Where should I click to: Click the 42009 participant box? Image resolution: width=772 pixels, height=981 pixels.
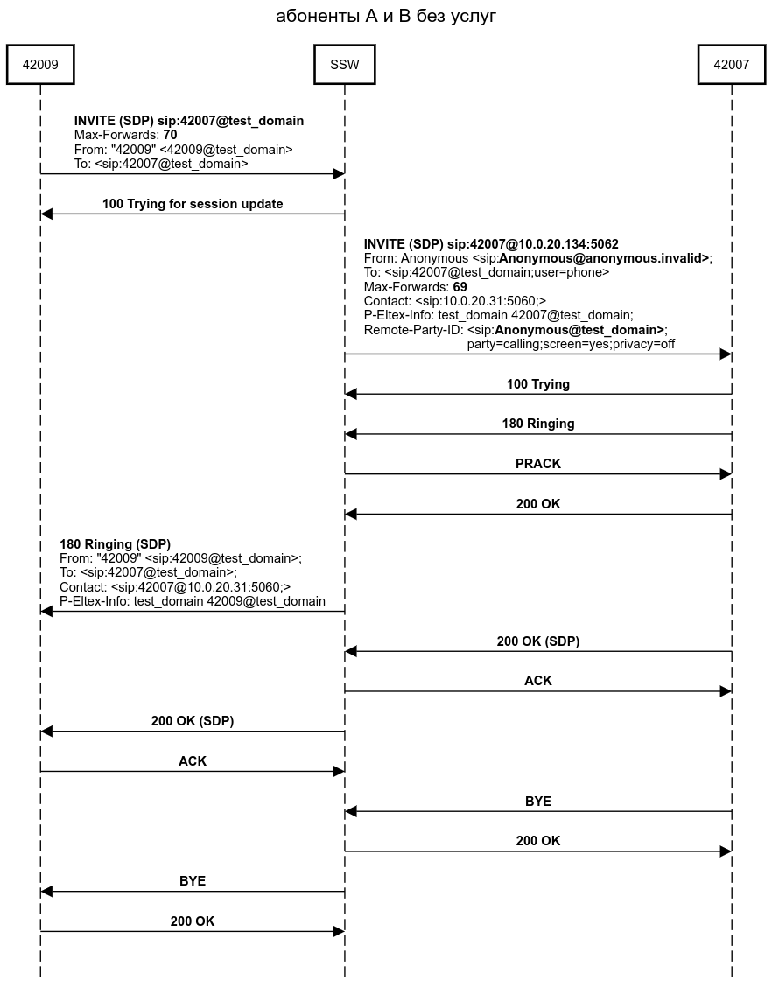[39, 65]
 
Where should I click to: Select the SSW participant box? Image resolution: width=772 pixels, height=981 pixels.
[345, 65]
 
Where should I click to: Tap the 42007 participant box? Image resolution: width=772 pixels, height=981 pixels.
[732, 65]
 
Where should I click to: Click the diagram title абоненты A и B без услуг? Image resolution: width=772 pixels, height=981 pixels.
[386, 16]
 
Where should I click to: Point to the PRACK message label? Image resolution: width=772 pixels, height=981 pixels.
[537, 464]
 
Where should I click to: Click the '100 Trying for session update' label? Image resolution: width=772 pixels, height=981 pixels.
[193, 204]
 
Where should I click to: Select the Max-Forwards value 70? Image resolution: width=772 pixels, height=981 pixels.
[170, 136]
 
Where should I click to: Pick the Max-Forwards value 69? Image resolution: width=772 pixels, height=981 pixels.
[460, 287]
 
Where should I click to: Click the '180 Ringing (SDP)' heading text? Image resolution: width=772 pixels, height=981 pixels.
[115, 544]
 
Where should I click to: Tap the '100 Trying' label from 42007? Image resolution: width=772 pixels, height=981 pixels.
[537, 384]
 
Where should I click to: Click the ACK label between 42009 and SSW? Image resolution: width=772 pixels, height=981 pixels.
[193, 761]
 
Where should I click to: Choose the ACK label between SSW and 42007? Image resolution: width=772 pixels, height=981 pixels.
[537, 681]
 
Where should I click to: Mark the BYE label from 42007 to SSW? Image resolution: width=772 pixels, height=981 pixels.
[537, 802]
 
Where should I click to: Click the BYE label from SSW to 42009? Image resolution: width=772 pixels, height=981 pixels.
[193, 881]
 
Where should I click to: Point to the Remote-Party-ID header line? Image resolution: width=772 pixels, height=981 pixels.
[516, 330]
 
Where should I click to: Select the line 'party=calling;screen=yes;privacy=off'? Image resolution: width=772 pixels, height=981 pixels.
[571, 344]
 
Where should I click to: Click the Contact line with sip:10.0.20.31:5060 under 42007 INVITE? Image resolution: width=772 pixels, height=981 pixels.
[454, 301]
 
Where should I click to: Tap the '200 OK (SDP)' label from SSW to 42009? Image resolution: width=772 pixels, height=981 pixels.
[193, 721]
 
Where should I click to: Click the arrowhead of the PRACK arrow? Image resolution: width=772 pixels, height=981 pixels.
[726, 474]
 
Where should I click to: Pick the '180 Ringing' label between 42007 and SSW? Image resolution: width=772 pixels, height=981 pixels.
[537, 424]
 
